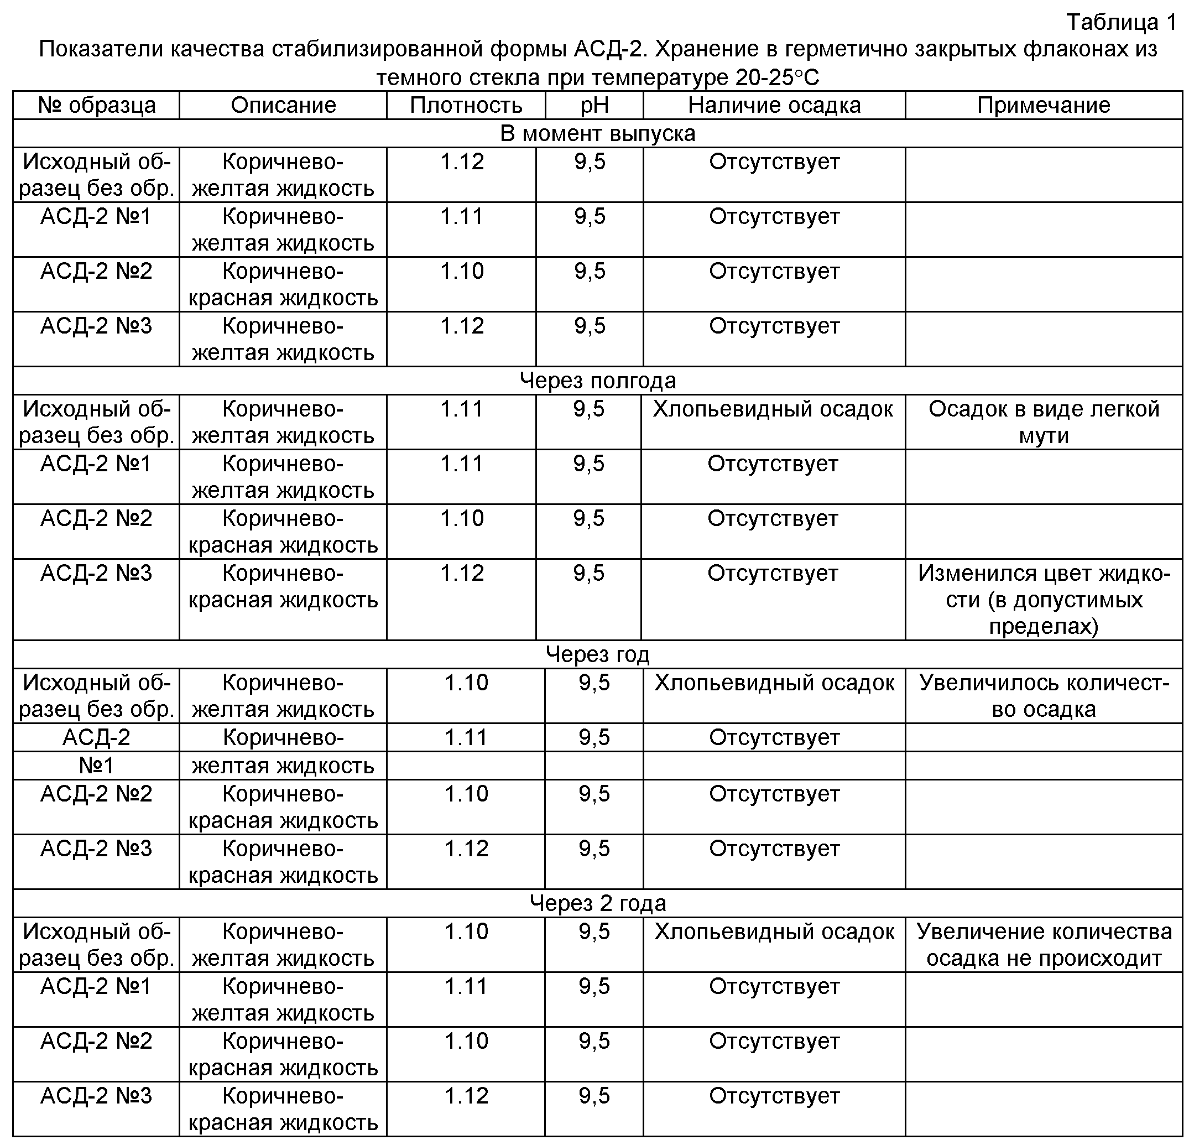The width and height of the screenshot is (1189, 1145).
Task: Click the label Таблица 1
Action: (x=1121, y=23)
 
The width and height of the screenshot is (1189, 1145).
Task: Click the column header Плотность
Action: (x=465, y=106)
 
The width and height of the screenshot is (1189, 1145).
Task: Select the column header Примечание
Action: (x=1044, y=106)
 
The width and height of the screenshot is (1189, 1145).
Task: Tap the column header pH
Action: (x=594, y=106)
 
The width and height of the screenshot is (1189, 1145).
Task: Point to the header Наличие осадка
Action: (x=774, y=106)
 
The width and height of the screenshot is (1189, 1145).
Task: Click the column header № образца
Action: (x=96, y=106)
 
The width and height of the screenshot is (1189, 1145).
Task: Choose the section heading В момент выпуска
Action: (x=597, y=133)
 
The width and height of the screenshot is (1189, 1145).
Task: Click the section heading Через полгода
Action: (x=597, y=381)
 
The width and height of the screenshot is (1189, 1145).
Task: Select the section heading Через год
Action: (x=597, y=655)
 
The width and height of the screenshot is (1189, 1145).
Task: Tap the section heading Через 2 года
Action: (x=597, y=903)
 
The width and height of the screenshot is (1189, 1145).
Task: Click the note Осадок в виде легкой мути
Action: (x=1044, y=422)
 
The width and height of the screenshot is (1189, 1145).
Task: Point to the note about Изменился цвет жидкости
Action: (x=1044, y=600)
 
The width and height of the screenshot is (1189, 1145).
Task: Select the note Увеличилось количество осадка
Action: (x=1044, y=696)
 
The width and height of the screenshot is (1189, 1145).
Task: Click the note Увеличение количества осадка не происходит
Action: (x=1044, y=945)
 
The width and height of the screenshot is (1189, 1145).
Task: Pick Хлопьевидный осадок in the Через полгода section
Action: (x=773, y=409)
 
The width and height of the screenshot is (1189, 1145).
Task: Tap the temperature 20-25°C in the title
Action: (x=777, y=77)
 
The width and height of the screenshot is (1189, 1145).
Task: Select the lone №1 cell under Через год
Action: (x=96, y=766)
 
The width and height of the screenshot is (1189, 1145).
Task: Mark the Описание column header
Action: (x=283, y=106)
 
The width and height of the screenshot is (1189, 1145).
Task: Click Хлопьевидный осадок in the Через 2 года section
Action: (x=774, y=932)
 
